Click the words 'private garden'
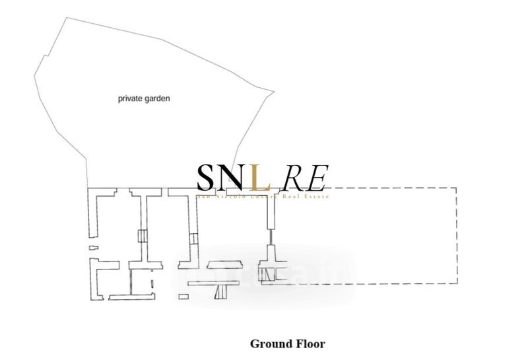pyautogui.click(x=144, y=98)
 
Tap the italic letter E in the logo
pyautogui.click(x=316, y=176)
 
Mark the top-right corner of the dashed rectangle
pyautogui.click(x=457, y=188)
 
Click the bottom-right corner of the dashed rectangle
pyautogui.click(x=457, y=283)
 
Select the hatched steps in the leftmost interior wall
pyautogui.click(x=141, y=236)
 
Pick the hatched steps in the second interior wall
pyautogui.click(x=193, y=238)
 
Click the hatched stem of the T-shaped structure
pyautogui.click(x=222, y=290)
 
